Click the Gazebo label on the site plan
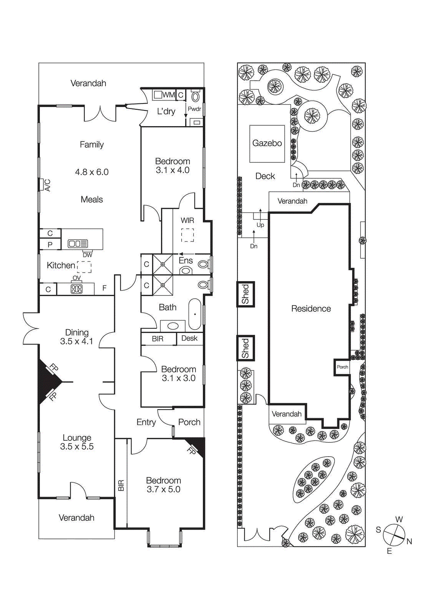pyautogui.click(x=267, y=143)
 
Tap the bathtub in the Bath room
pyautogui.click(x=195, y=314)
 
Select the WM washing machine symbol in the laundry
pyautogui.click(x=158, y=95)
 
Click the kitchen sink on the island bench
pyautogui.click(x=78, y=243)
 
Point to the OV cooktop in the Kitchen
pyautogui.click(x=76, y=289)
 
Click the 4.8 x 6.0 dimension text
pyautogui.click(x=92, y=172)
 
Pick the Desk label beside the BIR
pyautogui.click(x=189, y=338)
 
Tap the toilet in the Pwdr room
pyautogui.click(x=196, y=96)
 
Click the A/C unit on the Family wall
pyautogui.click(x=41, y=184)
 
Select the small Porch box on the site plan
pyautogui.click(x=342, y=367)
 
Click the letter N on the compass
pyautogui.click(x=409, y=541)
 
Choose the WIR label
pyautogui.click(x=187, y=220)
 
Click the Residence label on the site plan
pyautogui.click(x=311, y=309)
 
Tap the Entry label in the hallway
pyautogui.click(x=146, y=422)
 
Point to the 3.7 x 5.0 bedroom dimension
pyautogui.click(x=163, y=489)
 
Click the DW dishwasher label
pyautogui.click(x=88, y=255)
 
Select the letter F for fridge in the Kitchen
pyautogui.click(x=104, y=288)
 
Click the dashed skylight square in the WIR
pyautogui.click(x=187, y=235)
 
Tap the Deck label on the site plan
pyautogui.click(x=265, y=176)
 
